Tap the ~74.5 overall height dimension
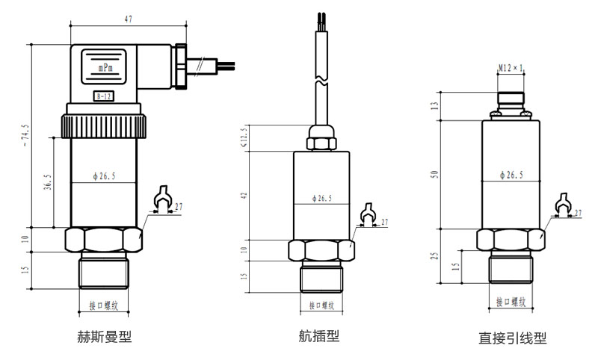pyautogui.click(x=27, y=134)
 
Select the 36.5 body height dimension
pyautogui.click(x=48, y=182)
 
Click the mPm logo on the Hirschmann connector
pyautogui.click(x=104, y=66)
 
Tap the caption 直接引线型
pyautogui.click(x=512, y=338)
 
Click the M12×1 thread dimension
pyautogui.click(x=511, y=69)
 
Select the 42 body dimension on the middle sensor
pyautogui.click(x=243, y=195)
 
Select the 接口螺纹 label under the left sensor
pyautogui.click(x=104, y=305)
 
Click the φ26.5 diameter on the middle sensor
pyautogui.click(x=321, y=199)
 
